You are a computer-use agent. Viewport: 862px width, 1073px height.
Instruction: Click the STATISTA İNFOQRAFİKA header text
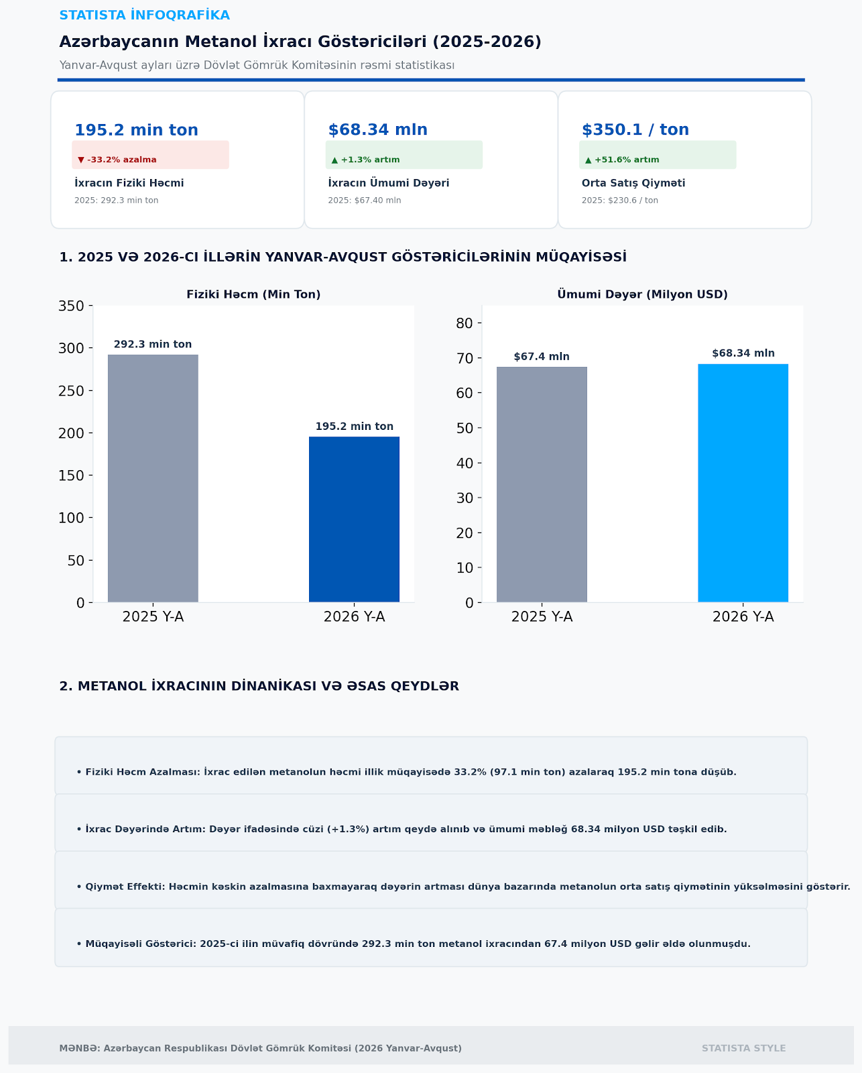tap(145, 15)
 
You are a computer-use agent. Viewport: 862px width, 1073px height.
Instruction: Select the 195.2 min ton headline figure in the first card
tap(136, 130)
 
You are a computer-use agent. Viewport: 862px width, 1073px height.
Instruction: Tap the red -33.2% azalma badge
tap(151, 155)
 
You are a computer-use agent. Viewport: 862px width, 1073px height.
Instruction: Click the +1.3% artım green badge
tap(404, 155)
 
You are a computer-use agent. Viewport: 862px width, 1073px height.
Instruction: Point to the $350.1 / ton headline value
tap(635, 129)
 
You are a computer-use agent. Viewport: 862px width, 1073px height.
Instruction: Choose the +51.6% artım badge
tap(658, 155)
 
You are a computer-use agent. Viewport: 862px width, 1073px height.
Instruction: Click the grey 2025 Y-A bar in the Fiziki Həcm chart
tap(153, 479)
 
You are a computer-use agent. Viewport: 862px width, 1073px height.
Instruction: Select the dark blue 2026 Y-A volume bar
tap(354, 520)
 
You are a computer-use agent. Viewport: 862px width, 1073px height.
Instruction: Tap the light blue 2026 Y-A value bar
tap(743, 483)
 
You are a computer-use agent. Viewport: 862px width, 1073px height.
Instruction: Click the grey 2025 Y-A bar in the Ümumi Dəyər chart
tap(542, 485)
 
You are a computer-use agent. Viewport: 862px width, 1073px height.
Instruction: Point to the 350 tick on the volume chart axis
tap(71, 306)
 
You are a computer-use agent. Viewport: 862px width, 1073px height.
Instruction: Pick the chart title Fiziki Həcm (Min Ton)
tap(253, 294)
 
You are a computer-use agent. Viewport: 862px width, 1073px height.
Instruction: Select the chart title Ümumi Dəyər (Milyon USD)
tap(642, 294)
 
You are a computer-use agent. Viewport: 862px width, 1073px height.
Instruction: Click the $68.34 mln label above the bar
tap(743, 353)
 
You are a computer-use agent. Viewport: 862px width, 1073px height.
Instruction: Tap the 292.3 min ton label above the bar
tap(153, 345)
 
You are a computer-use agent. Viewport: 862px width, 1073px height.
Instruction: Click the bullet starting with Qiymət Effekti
tap(463, 887)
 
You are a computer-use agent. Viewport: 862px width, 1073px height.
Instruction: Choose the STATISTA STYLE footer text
tap(743, 1048)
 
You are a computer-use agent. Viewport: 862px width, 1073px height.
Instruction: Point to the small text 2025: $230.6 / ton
tap(620, 201)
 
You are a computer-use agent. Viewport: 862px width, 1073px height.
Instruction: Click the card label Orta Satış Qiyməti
tap(633, 184)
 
